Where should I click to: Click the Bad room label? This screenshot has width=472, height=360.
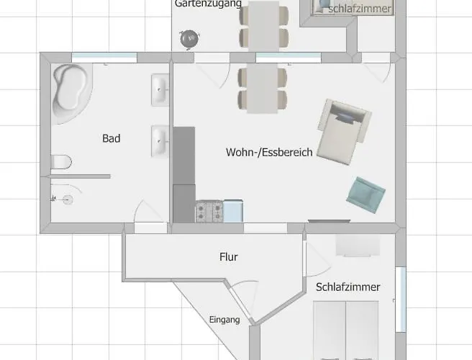point(111,138)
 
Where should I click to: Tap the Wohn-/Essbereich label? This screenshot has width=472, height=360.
point(269,152)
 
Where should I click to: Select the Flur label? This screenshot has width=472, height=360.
point(229,256)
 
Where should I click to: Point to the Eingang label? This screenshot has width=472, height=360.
point(224,320)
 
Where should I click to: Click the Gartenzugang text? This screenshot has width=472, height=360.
point(208,4)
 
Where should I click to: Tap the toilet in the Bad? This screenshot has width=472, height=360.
point(61,162)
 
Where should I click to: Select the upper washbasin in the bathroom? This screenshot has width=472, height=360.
point(160,89)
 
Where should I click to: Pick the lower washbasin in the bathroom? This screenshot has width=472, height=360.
point(160,141)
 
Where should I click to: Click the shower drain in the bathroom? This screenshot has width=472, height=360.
point(68,199)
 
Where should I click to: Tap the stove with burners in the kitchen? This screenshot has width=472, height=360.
point(209,212)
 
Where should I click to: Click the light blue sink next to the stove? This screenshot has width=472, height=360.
point(233,211)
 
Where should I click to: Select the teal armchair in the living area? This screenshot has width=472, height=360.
point(366,195)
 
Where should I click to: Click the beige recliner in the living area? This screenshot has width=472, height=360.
point(344,132)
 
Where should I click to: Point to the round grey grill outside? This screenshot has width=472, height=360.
point(189,40)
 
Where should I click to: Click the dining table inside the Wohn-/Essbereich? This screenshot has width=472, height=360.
point(262,88)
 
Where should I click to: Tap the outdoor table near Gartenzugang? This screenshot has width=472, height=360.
point(264,25)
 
